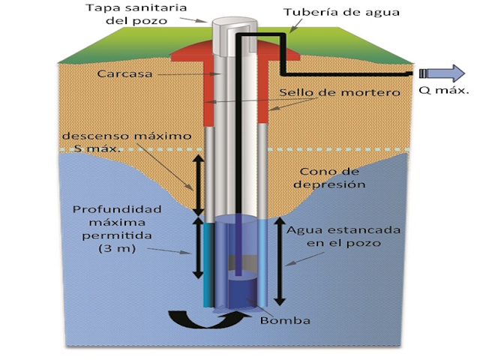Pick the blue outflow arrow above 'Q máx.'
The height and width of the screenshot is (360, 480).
451,73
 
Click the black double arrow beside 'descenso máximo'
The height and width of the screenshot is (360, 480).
198,184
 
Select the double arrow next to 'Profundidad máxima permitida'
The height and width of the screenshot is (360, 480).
199,247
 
